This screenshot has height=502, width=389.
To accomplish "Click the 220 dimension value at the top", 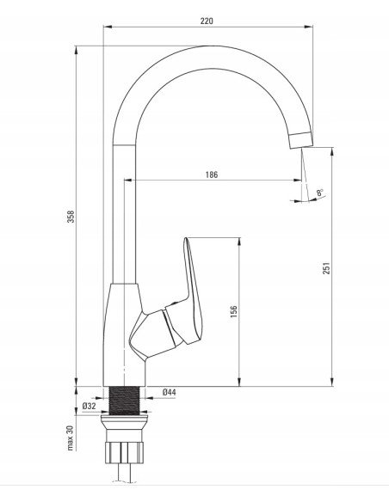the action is pyautogui.click(x=207, y=21).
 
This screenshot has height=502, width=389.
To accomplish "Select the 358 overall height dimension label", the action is pyautogui.click(x=71, y=217).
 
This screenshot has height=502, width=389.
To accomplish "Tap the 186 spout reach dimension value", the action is pyautogui.click(x=212, y=174).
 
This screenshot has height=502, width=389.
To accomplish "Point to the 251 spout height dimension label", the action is pyautogui.click(x=326, y=268).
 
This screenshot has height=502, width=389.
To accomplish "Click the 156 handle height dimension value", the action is pyautogui.click(x=234, y=311).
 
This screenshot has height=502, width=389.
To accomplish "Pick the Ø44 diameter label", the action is pyautogui.click(x=170, y=392).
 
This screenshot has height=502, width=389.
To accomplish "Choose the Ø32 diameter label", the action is pyautogui.click(x=89, y=406).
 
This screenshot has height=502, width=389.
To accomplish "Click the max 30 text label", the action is pyautogui.click(x=71, y=438).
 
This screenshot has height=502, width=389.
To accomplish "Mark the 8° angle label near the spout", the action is pyautogui.click(x=320, y=193).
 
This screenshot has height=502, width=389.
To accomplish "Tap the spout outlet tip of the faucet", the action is pyautogui.click(x=301, y=140).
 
